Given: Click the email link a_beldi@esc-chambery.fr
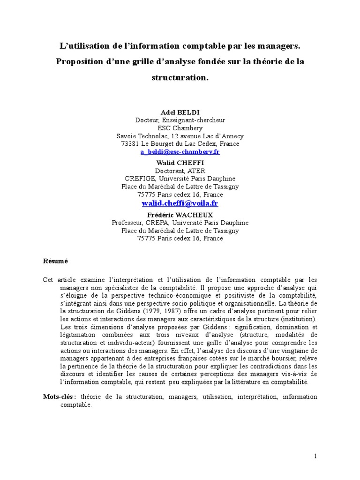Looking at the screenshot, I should point(180,152).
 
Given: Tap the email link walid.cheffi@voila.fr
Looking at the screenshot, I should point(180,203).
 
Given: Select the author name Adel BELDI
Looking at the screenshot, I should point(180,112).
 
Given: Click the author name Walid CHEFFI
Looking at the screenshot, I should point(180,163).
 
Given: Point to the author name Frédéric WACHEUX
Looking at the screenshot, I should point(180,215).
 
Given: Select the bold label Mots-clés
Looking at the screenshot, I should point(60,397).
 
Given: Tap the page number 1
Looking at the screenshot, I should point(315,456).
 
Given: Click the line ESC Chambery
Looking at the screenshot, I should point(180,128).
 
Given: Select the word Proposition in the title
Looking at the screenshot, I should point(81,62).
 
